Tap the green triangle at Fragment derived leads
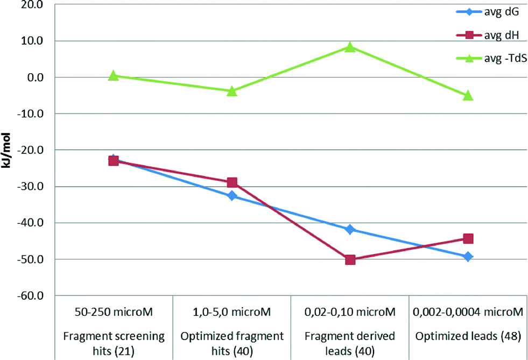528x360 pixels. tap(350, 47)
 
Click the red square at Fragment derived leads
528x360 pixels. tap(350, 259)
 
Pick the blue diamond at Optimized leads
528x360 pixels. tap(468, 257)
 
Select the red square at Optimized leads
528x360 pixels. tap(468, 238)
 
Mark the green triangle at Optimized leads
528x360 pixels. tap(468, 95)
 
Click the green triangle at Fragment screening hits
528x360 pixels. tap(114, 76)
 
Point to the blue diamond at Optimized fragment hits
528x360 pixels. tap(232, 196)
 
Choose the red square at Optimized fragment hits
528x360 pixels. tap(232, 182)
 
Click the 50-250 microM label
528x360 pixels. tap(114, 312)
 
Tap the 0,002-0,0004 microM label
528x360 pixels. tap(468, 312)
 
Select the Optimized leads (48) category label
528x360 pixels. tap(468, 336)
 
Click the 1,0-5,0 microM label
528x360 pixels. tap(232, 312)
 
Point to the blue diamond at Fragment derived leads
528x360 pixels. tap(350, 229)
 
